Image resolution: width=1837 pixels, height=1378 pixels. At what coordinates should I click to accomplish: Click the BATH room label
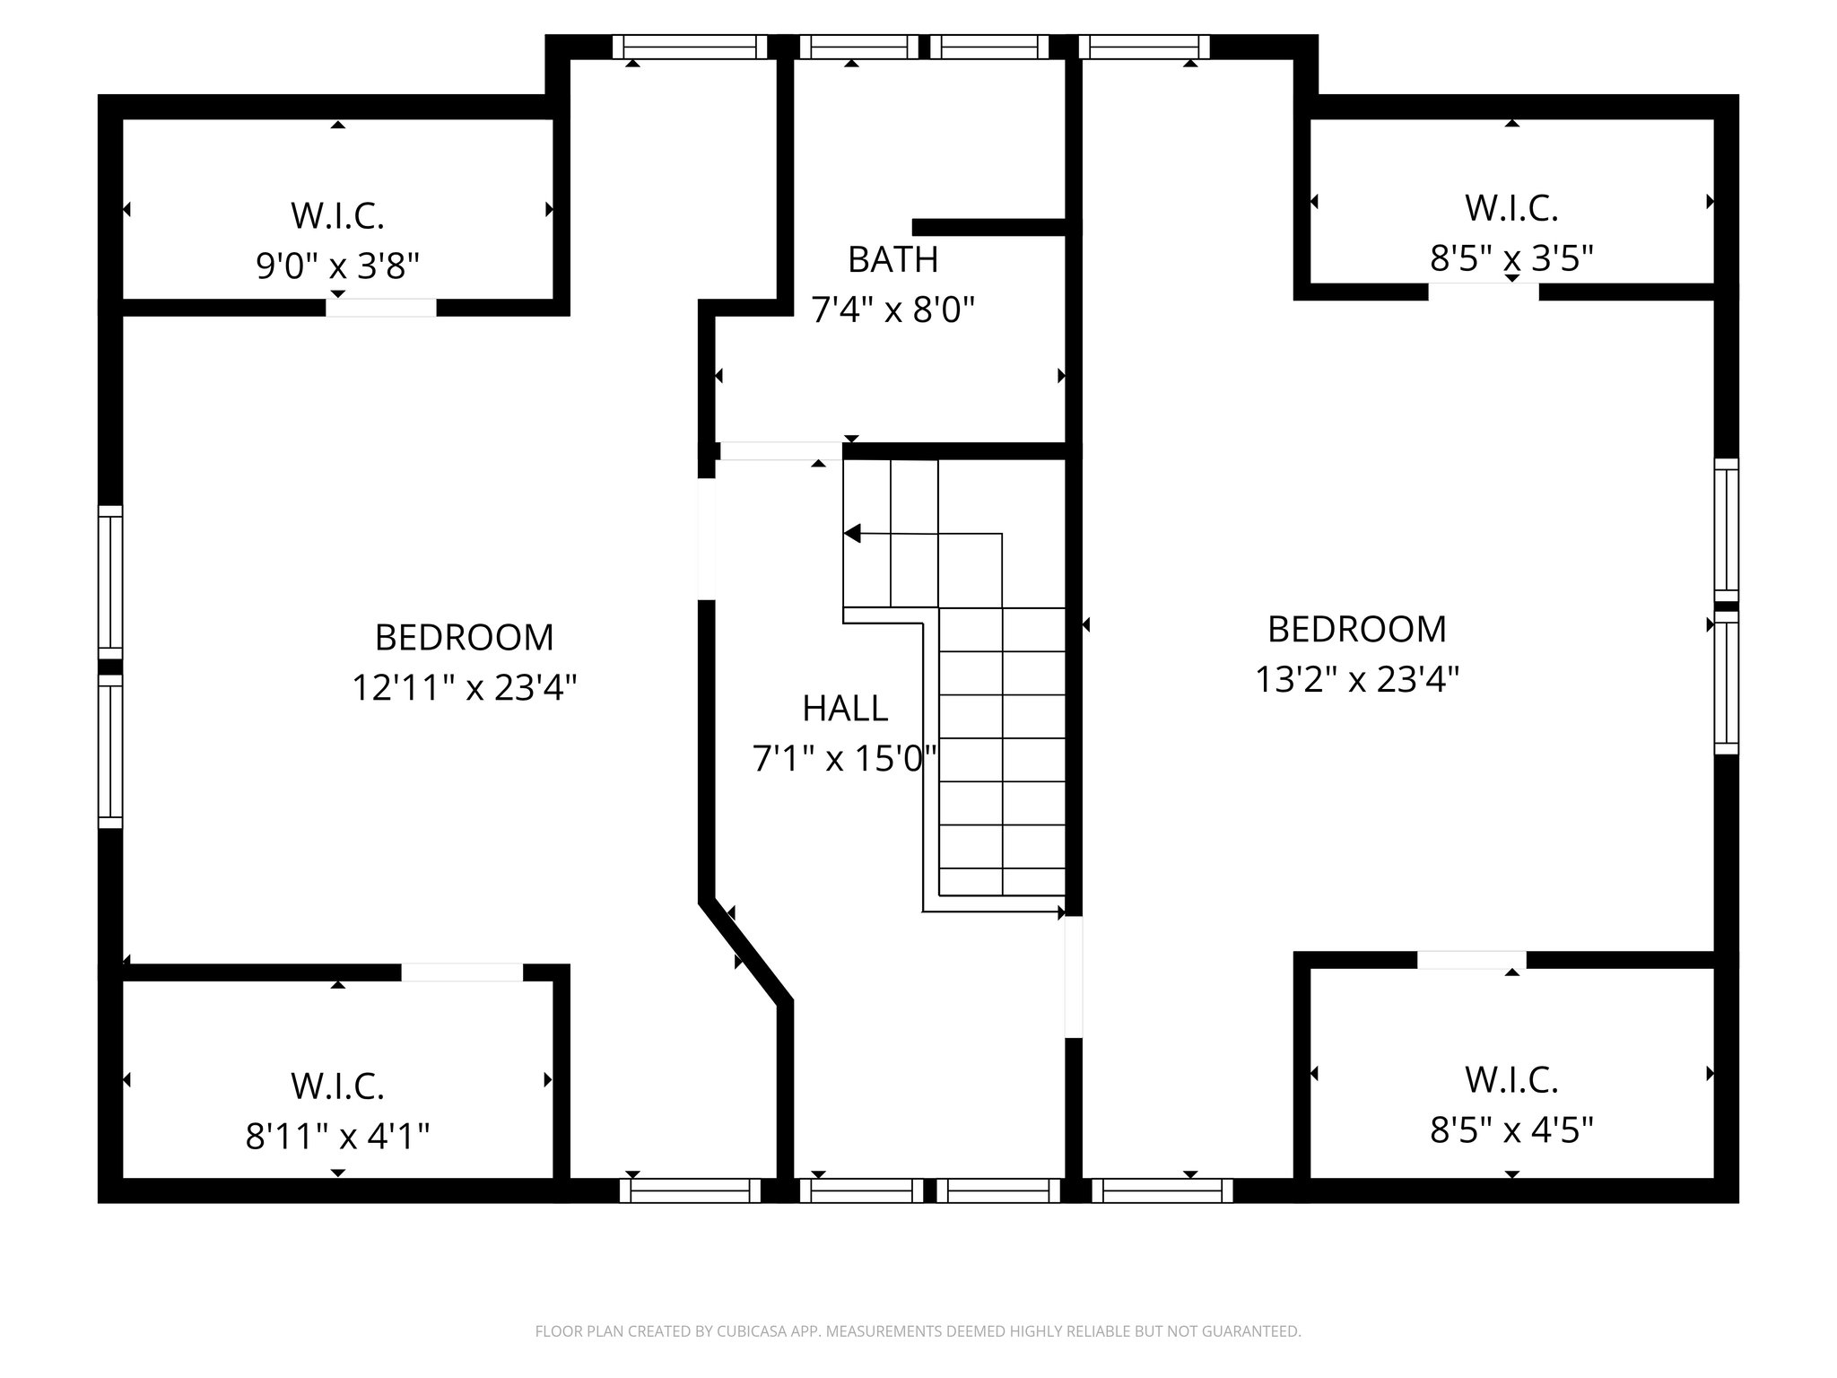tap(892, 260)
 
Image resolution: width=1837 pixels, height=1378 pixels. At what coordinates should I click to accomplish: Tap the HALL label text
tap(845, 709)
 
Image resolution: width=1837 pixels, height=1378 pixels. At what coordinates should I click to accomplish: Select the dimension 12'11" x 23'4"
tap(464, 688)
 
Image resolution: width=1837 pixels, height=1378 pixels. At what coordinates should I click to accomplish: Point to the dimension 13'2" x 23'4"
tap(1356, 679)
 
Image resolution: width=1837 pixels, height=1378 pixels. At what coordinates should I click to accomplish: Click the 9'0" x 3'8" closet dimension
tap(338, 266)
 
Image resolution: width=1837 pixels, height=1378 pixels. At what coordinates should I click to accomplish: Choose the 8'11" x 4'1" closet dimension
tap(338, 1138)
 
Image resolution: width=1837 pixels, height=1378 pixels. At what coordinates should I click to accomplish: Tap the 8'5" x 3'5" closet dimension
tap(1511, 259)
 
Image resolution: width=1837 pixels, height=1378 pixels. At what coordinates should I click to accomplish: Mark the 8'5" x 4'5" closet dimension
tap(1511, 1129)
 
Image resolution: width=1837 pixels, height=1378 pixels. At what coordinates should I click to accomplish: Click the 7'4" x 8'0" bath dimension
tap(892, 310)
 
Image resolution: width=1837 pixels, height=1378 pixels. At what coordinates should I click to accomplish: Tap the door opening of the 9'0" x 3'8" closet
tap(381, 307)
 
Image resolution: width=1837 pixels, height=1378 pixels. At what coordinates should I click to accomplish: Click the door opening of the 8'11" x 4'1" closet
tap(461, 972)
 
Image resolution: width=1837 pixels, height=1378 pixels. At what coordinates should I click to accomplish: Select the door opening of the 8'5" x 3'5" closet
tap(1484, 292)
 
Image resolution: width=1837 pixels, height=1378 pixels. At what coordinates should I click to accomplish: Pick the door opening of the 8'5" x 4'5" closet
tap(1471, 960)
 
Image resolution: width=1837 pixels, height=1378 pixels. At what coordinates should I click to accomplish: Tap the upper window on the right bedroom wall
tap(1726, 529)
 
